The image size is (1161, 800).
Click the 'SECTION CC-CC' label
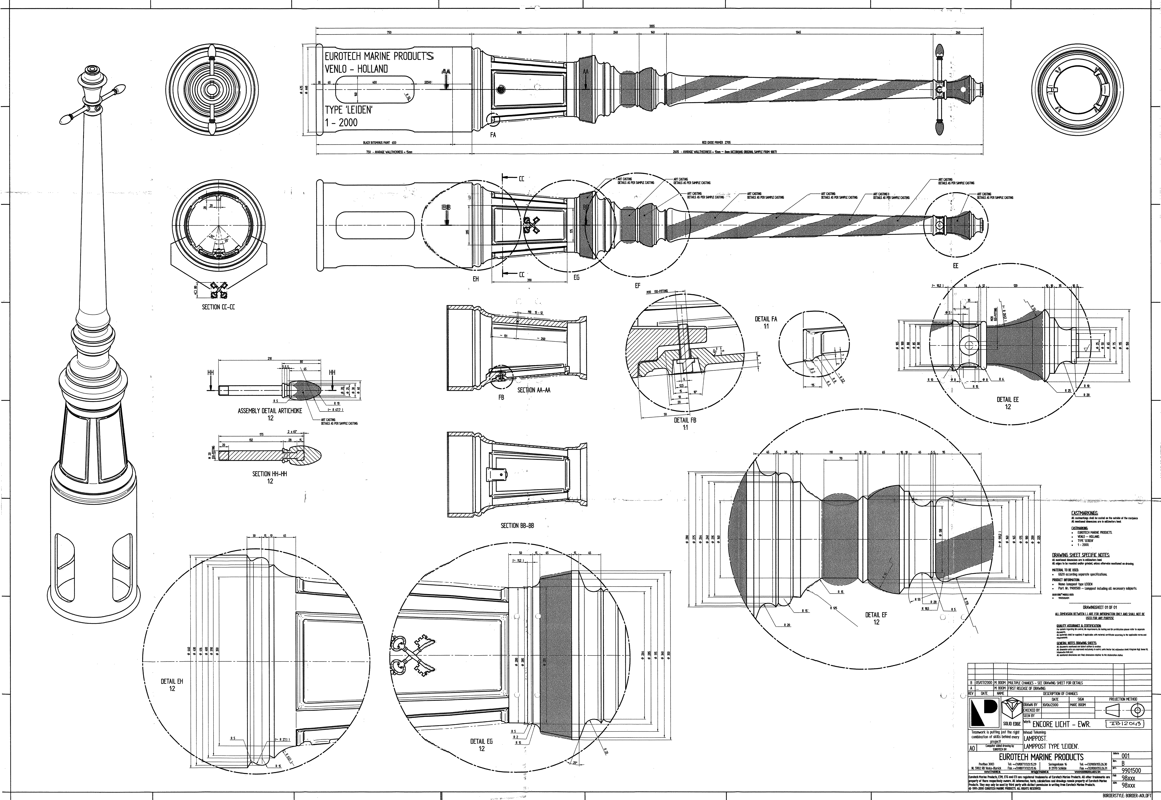tap(218, 307)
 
